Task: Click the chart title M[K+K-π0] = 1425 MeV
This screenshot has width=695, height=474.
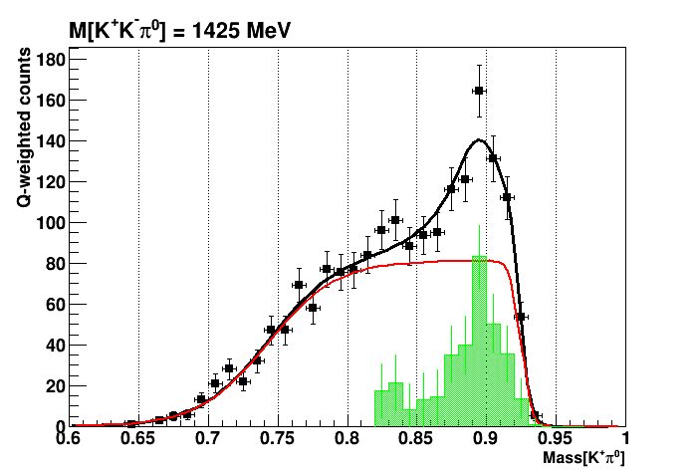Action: coord(179,31)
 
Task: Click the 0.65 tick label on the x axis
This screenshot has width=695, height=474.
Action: coord(138,439)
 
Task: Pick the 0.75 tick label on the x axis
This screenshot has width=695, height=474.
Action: coord(278,439)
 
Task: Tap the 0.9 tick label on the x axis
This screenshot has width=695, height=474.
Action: coord(486,439)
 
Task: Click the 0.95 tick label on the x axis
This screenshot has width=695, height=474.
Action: coord(556,439)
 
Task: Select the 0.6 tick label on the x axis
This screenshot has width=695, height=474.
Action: coord(69,439)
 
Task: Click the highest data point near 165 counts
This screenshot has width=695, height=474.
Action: coord(479,91)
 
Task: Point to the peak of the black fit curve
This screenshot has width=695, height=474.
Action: coord(479,139)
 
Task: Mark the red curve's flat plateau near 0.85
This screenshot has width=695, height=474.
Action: coord(416,261)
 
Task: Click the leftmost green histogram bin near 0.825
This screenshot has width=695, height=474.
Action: coord(381,408)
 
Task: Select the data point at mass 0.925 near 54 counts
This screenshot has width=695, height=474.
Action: coord(521,317)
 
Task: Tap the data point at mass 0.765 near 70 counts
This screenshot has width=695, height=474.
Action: coord(299,285)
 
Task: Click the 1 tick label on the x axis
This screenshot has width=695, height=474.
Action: coord(624,439)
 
